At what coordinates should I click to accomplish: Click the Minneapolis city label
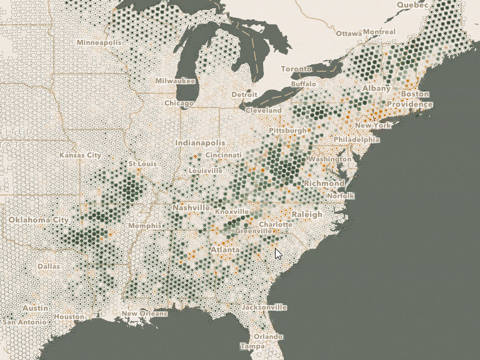coord(99,42)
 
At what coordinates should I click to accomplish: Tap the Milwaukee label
coord(175,81)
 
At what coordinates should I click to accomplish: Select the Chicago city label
coord(179,103)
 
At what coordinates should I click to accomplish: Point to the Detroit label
coord(244,94)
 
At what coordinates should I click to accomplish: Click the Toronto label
coord(296,68)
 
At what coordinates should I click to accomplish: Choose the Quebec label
coord(411,4)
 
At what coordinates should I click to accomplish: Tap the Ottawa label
coord(348,32)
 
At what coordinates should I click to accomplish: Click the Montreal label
coord(379,32)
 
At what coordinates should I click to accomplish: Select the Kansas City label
coord(80,155)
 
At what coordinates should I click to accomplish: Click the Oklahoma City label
coord(38,220)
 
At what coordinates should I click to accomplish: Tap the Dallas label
coord(49,266)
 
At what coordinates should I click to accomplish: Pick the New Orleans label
coord(144,314)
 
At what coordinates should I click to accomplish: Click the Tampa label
coord(252,346)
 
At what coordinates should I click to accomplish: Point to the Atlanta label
coord(224,250)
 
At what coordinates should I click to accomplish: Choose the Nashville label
coord(191,207)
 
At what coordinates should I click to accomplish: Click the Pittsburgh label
coord(287,130)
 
